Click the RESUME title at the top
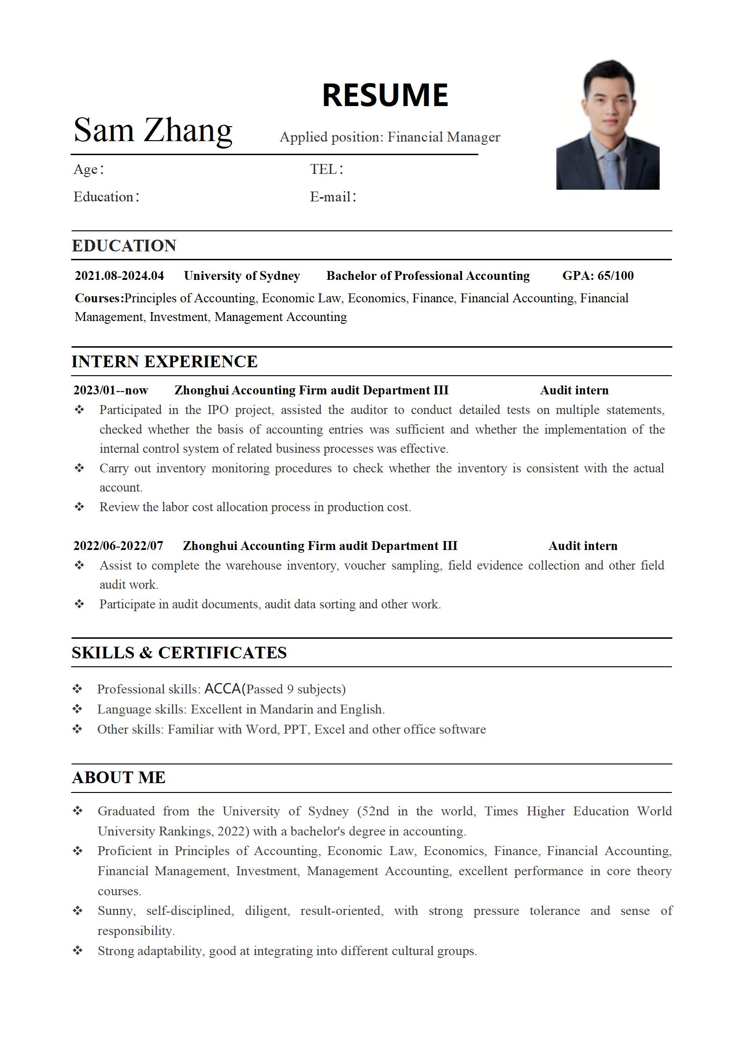click(385, 95)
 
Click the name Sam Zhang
click(153, 130)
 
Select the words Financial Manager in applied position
click(443, 137)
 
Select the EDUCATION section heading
click(124, 246)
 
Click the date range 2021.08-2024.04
click(119, 276)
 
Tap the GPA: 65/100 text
click(598, 276)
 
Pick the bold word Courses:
click(99, 298)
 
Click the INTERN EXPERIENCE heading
click(164, 362)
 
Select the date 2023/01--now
click(110, 390)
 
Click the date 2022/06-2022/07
click(118, 546)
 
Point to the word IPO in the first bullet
click(217, 410)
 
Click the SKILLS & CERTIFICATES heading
click(179, 653)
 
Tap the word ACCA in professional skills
click(223, 689)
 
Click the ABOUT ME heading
click(119, 778)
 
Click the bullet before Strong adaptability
click(78, 950)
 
